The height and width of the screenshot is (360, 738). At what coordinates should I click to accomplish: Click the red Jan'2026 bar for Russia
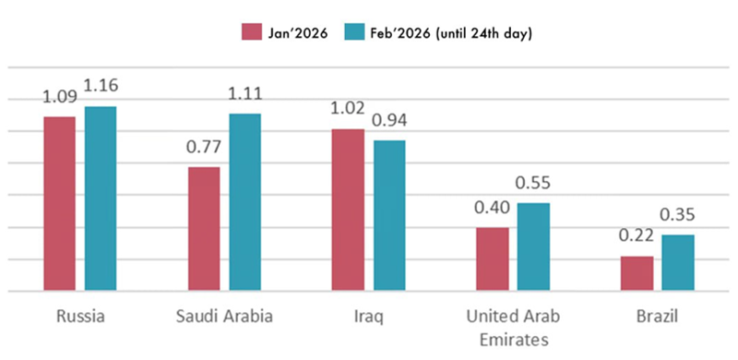pyautogui.click(x=59, y=204)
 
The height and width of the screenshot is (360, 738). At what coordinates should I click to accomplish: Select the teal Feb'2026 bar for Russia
pyautogui.click(x=101, y=198)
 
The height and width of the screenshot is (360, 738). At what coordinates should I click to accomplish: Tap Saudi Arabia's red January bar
pyautogui.click(x=204, y=229)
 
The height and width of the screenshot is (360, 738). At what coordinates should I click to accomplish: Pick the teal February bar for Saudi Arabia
pyautogui.click(x=245, y=202)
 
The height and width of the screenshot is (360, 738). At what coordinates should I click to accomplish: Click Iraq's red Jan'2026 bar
pyautogui.click(x=348, y=210)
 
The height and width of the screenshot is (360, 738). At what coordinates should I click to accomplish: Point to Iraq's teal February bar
pyautogui.click(x=389, y=215)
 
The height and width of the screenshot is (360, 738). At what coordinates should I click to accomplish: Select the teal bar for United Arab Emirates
pyautogui.click(x=534, y=246)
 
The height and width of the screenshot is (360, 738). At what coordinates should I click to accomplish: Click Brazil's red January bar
pyautogui.click(x=637, y=273)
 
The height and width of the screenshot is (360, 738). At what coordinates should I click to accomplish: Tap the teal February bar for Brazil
pyautogui.click(x=678, y=262)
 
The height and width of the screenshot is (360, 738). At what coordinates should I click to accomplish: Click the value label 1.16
pyautogui.click(x=101, y=86)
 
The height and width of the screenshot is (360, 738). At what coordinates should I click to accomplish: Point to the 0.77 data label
pyautogui.click(x=203, y=147)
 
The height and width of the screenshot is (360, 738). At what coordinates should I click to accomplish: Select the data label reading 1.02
pyautogui.click(x=348, y=108)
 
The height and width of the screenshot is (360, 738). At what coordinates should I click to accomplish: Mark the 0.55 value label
pyautogui.click(x=533, y=183)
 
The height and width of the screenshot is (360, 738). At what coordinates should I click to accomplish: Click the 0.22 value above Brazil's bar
pyautogui.click(x=637, y=235)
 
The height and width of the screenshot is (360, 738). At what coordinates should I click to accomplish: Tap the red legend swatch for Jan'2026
pyautogui.click(x=252, y=33)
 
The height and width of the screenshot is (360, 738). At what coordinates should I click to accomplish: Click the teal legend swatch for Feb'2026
pyautogui.click(x=354, y=33)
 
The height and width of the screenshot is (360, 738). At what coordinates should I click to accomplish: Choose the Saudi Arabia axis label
pyautogui.click(x=224, y=317)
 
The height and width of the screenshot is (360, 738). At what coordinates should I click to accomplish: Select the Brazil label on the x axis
pyautogui.click(x=658, y=317)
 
